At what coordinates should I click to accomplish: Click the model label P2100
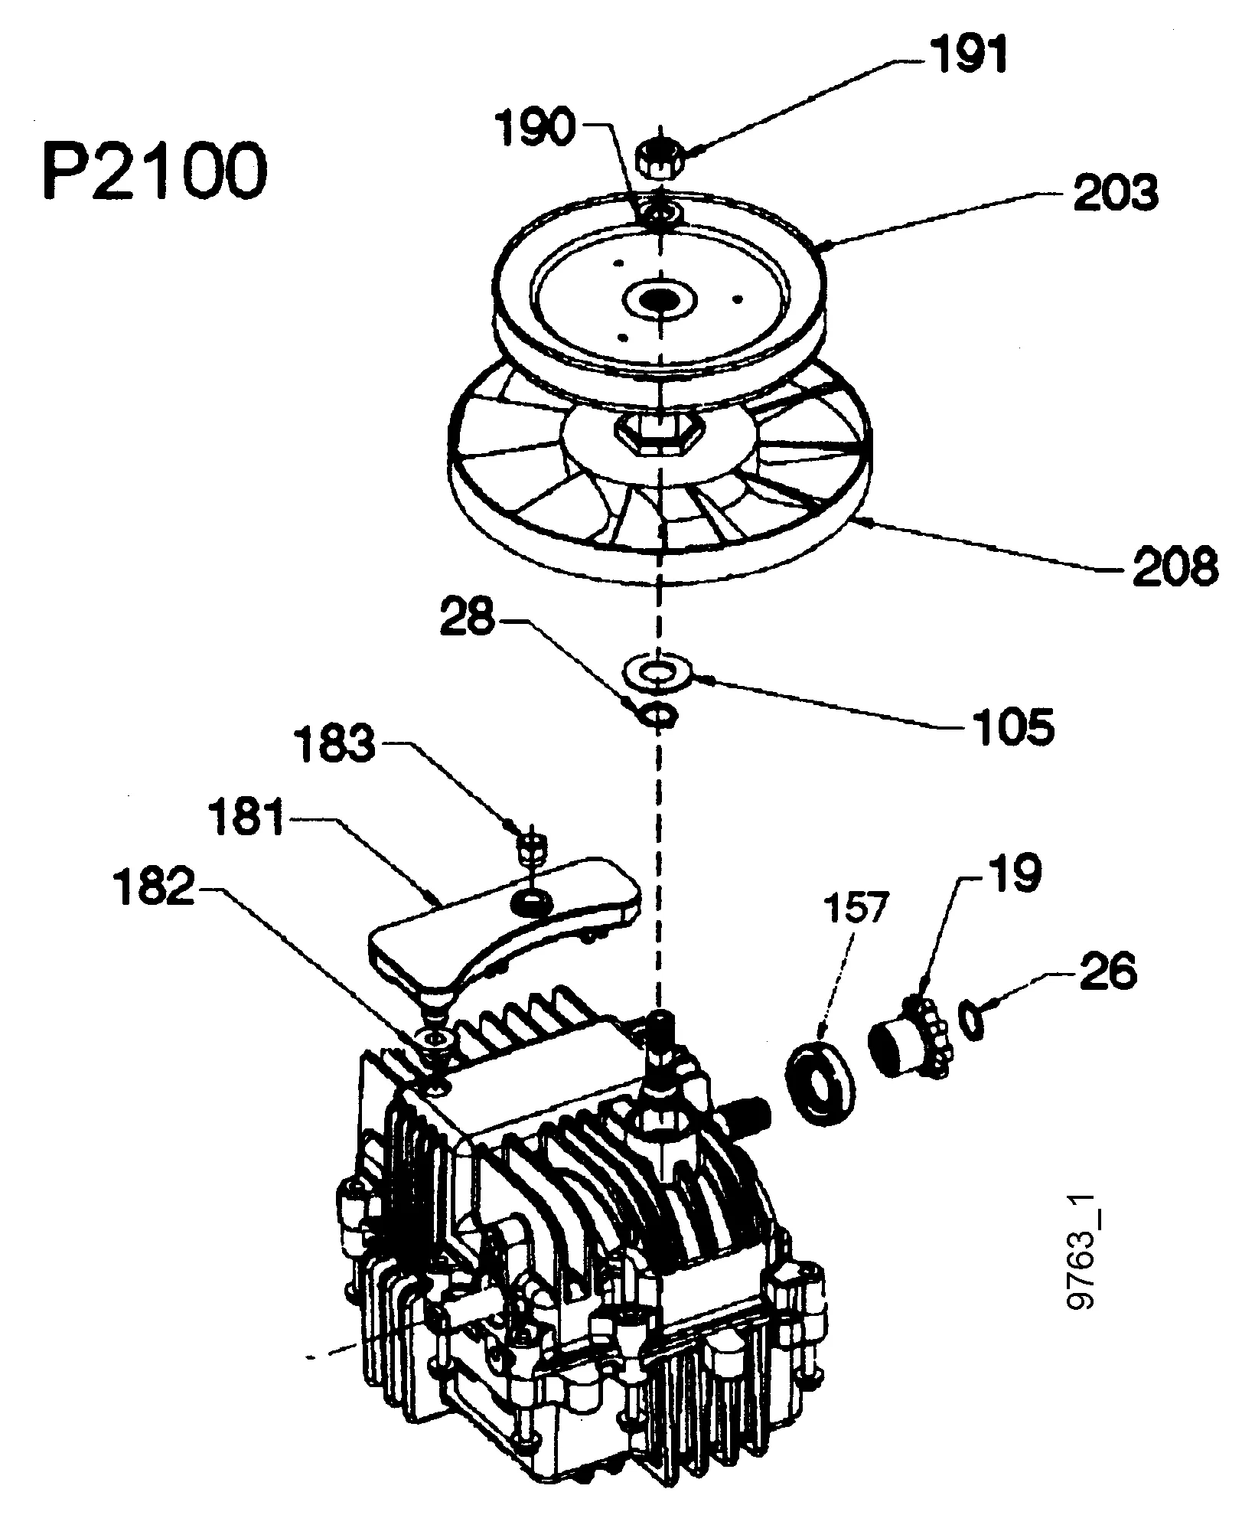pyautogui.click(x=155, y=171)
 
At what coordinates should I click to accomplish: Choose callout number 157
pyautogui.click(x=853, y=909)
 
